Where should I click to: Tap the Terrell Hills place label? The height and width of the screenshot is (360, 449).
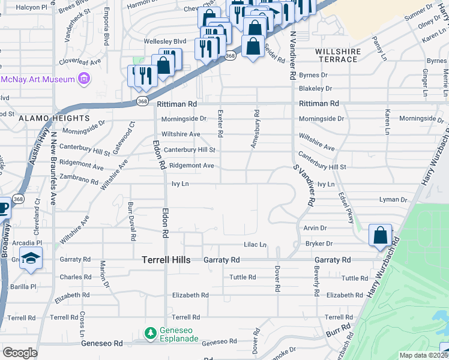(166, 260)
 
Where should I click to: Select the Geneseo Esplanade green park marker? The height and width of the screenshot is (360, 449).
(150, 332)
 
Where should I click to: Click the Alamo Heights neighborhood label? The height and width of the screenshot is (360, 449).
(47, 119)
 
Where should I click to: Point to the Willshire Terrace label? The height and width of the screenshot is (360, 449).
(339, 56)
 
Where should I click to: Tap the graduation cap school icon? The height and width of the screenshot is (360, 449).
(29, 259)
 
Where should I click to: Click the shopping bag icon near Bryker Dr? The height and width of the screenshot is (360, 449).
(381, 235)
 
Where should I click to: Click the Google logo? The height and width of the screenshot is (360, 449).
(20, 353)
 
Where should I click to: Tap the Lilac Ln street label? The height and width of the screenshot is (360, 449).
(255, 244)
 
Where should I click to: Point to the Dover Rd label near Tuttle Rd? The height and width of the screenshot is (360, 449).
(277, 279)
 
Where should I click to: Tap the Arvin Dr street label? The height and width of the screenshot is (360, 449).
(315, 228)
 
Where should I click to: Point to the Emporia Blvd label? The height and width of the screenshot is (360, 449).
(106, 34)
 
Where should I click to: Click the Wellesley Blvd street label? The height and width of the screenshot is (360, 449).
(165, 41)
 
